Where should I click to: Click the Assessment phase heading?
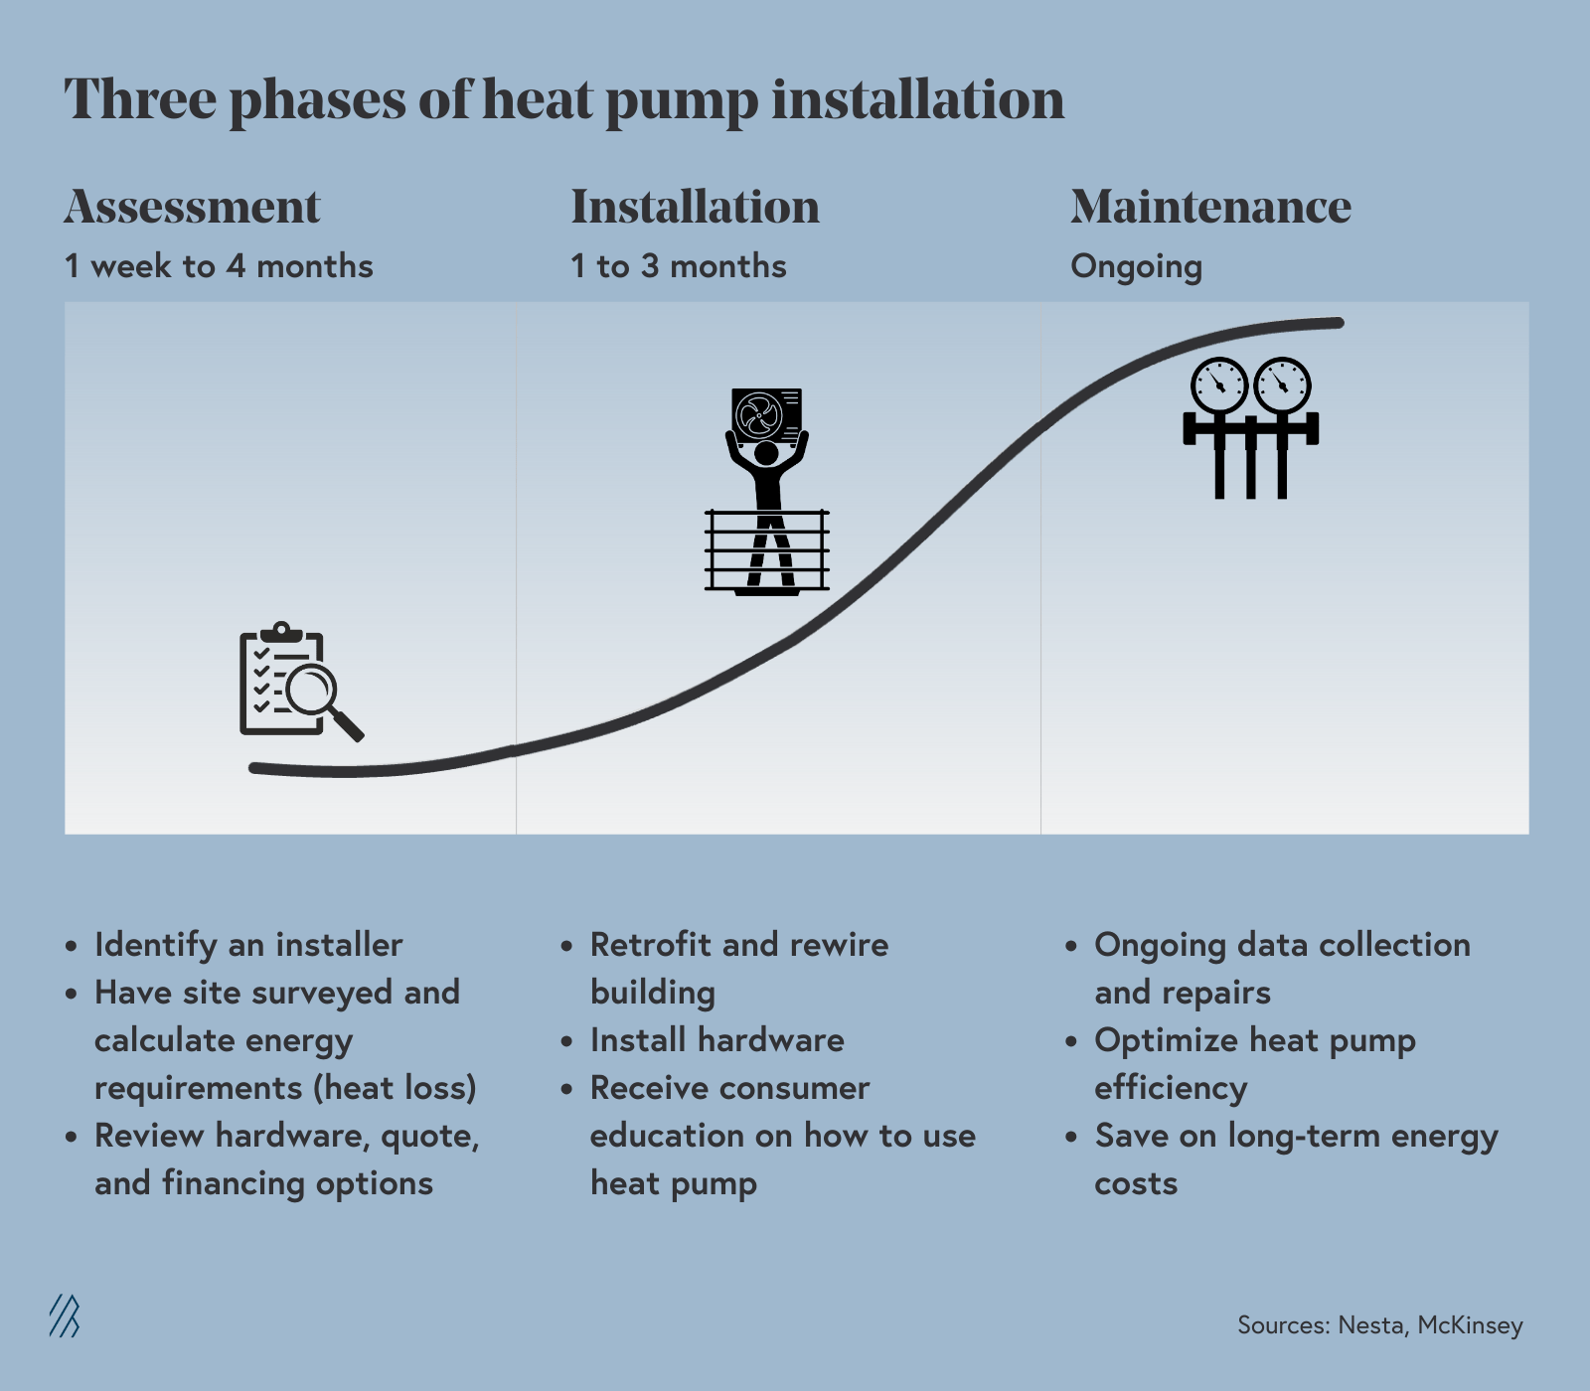[192, 207]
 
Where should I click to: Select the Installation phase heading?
[695, 207]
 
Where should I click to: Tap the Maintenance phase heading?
[1210, 207]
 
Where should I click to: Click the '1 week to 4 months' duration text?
[219, 266]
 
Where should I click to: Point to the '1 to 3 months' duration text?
[678, 266]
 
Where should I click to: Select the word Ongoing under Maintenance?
[1136, 266]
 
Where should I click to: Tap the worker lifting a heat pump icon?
[766, 492]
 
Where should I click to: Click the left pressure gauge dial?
[1218, 386]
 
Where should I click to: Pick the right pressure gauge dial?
[1282, 386]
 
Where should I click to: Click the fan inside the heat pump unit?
[759, 414]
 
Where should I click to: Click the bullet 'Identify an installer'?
[248, 945]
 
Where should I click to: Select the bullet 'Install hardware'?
[716, 1040]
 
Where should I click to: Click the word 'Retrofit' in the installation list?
[651, 945]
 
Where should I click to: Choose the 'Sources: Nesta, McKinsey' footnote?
[1379, 1325]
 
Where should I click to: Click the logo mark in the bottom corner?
[65, 1316]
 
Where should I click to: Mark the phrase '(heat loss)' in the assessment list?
[395, 1088]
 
